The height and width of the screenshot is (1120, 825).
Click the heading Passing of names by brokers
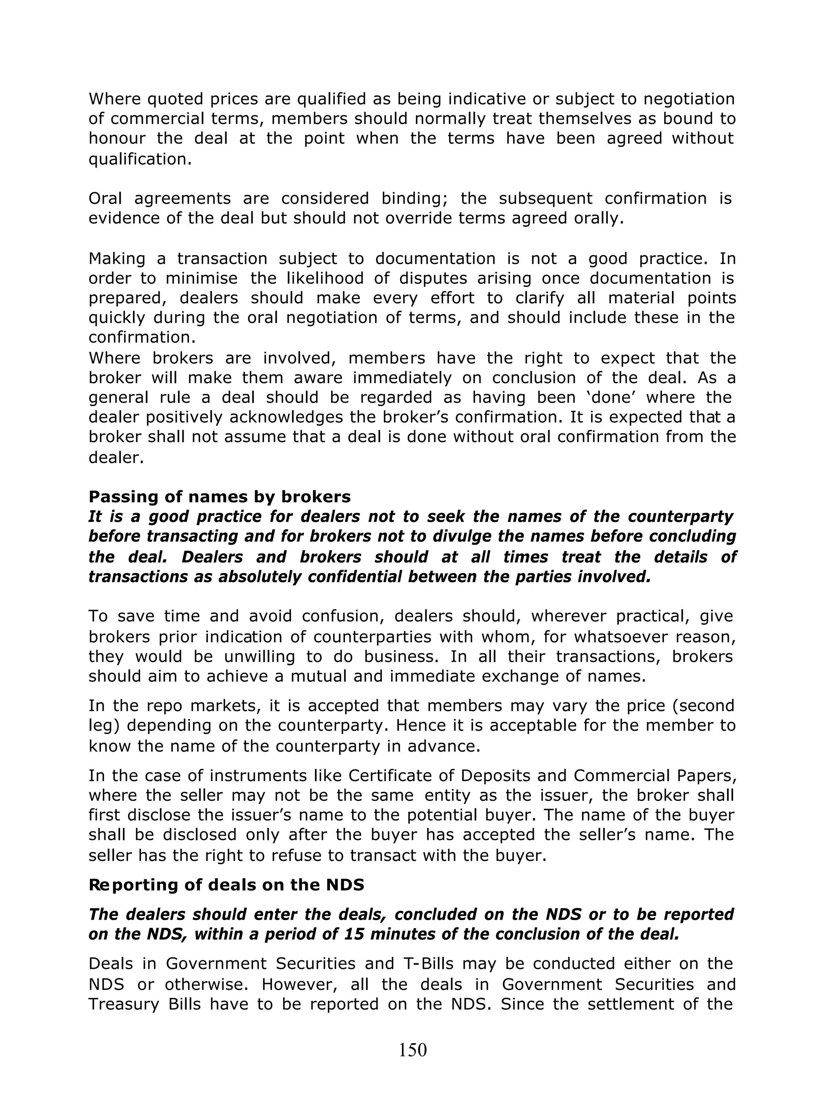tap(219, 497)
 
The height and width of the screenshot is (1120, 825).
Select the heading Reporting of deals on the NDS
tap(226, 885)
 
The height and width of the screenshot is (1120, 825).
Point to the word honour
tap(117, 138)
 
